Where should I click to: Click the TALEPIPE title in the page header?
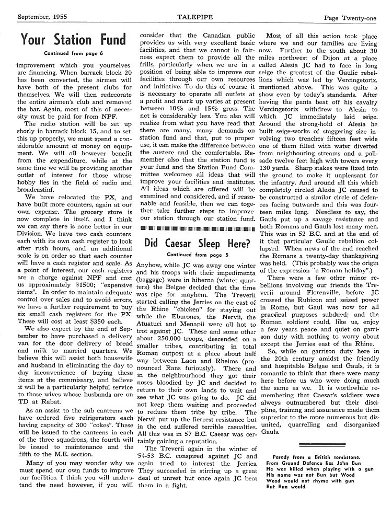pos(195,17)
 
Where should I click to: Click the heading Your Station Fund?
pos(73,39)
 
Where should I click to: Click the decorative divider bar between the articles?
pos(195,228)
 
